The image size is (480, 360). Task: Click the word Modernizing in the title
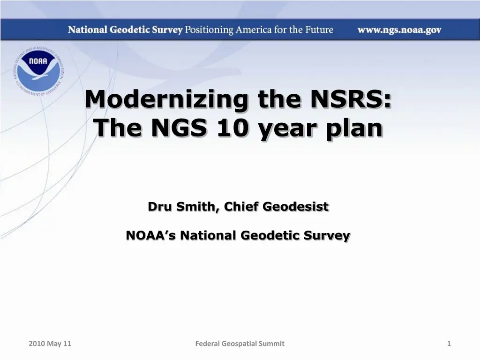(166, 99)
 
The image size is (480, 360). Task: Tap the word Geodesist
(295, 207)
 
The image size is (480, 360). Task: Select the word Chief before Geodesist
(241, 206)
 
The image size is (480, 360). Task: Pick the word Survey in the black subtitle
(327, 236)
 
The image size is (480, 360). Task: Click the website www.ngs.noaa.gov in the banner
(399, 30)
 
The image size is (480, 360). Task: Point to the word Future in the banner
(319, 30)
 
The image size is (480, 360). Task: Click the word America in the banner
(254, 30)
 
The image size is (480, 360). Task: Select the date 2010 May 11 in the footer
(50, 344)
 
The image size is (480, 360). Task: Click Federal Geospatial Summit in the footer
(240, 344)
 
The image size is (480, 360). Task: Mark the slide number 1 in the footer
(449, 344)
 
